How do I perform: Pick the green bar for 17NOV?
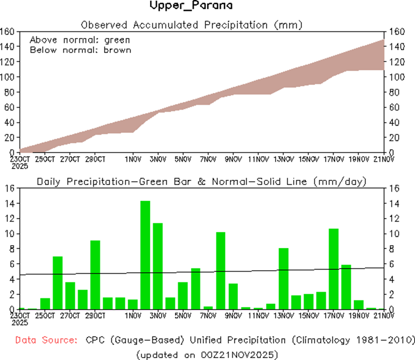334,269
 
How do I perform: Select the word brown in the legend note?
117,50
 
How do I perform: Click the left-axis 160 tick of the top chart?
8,32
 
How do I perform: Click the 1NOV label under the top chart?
133,159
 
